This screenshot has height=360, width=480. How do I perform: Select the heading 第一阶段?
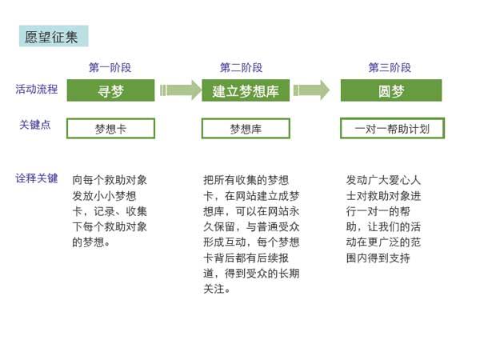(110, 68)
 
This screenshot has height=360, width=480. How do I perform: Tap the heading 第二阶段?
(242, 68)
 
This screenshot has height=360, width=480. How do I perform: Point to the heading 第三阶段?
(390, 68)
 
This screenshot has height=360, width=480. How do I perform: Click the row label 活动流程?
(37, 90)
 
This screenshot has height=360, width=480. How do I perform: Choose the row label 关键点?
(35, 125)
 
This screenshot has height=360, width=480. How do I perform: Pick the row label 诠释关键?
(37, 178)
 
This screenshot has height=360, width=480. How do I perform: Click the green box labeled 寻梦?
(111, 90)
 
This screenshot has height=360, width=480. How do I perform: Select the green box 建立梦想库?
(246, 90)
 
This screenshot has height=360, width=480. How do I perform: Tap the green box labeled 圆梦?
(391, 90)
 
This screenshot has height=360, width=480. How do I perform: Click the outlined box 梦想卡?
(111, 129)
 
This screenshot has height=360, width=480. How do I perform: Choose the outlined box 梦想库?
(246, 129)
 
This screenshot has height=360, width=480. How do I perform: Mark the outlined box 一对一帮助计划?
(392, 128)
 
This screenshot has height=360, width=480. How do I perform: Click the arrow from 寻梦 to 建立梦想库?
(181, 90)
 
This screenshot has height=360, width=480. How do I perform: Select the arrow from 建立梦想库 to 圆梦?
(311, 90)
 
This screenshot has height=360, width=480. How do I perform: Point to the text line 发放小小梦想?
(104, 196)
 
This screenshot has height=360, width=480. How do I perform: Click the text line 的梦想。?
(91, 242)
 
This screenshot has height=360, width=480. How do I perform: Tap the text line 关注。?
(217, 289)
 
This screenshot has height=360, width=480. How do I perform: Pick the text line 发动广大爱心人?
(383, 180)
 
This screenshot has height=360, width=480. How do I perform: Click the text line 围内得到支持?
(378, 258)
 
